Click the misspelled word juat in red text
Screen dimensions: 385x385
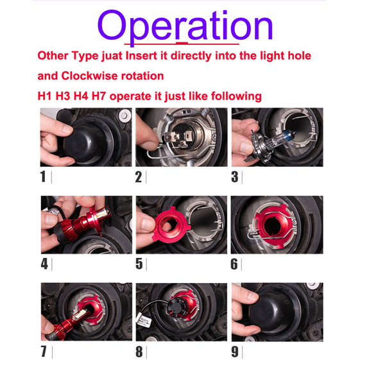tap(112, 56)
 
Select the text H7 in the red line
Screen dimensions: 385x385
tap(99, 96)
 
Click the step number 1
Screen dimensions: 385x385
tap(43, 177)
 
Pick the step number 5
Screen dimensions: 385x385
tap(139, 264)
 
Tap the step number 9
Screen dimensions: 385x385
tap(235, 352)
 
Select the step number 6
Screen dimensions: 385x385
tap(234, 264)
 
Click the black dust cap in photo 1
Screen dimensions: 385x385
tap(89, 141)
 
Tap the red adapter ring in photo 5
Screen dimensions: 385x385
tap(170, 225)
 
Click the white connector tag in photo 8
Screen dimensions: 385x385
tap(144, 320)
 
